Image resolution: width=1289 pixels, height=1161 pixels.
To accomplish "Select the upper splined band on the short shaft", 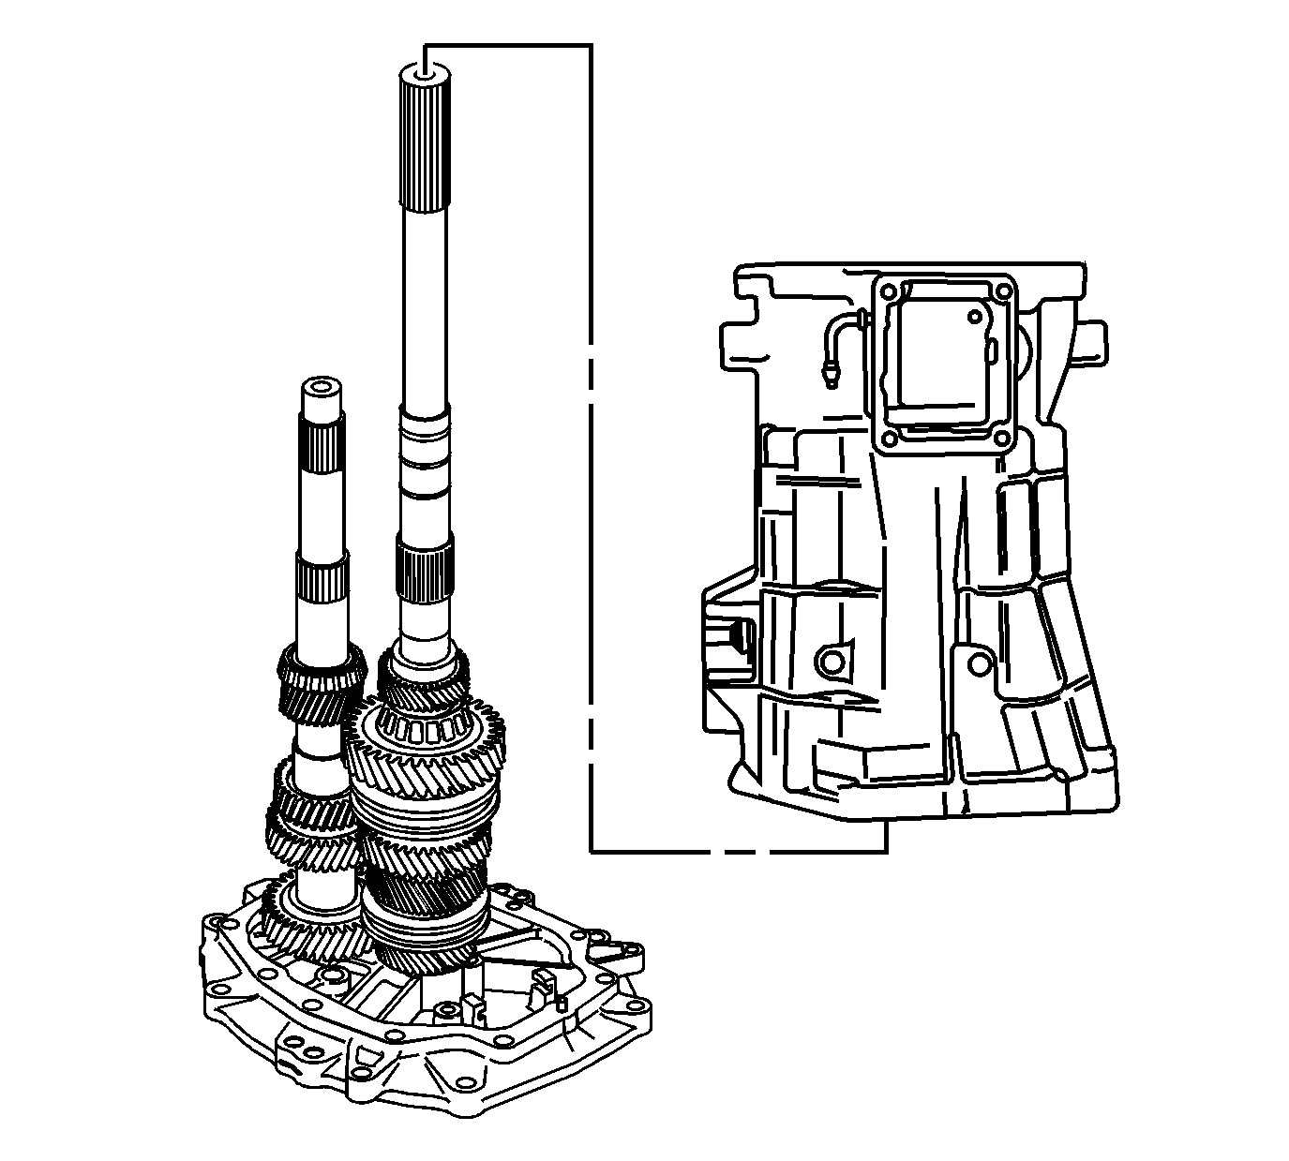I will (321, 447).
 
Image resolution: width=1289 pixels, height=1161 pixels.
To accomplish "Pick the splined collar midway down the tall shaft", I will (425, 573).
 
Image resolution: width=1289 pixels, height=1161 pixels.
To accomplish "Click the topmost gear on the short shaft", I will (321, 684).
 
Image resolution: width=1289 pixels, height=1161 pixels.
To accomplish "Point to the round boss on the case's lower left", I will (830, 662).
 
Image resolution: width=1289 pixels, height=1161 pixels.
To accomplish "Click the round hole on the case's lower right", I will (979, 663).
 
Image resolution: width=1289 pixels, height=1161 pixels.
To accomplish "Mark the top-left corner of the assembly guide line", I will (427, 45).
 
